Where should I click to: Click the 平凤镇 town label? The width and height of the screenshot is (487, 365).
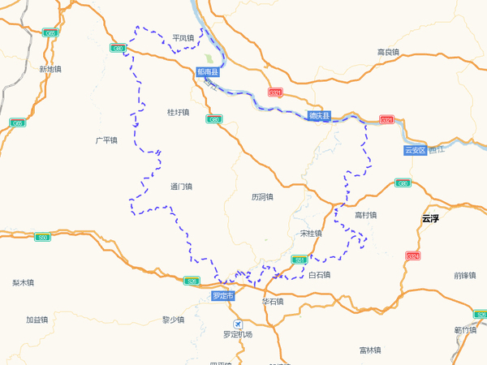[183, 38]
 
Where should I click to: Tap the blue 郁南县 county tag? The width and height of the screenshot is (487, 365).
[208, 72]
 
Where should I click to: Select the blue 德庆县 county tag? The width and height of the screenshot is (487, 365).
[320, 116]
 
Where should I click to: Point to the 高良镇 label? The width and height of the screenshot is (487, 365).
[388, 53]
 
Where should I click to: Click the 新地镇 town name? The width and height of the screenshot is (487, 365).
[50, 70]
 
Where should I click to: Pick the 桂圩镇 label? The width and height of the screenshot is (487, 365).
[178, 112]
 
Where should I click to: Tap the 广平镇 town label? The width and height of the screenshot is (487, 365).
[106, 140]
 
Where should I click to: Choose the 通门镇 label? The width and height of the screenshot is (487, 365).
[182, 187]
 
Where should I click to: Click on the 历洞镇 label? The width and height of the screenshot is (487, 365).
[262, 196]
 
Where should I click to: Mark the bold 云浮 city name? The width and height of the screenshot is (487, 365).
[430, 218]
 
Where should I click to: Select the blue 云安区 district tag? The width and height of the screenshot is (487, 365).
[415, 150]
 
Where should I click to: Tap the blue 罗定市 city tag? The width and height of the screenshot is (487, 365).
[222, 296]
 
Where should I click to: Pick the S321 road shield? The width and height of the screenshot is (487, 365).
[386, 120]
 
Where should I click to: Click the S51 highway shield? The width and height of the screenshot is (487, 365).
[300, 260]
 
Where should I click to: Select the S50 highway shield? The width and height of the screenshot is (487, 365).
[43, 237]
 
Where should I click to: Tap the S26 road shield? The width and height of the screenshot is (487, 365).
[192, 281]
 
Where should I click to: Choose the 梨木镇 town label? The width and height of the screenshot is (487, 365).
[23, 283]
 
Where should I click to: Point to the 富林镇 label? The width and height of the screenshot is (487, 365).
[369, 350]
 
